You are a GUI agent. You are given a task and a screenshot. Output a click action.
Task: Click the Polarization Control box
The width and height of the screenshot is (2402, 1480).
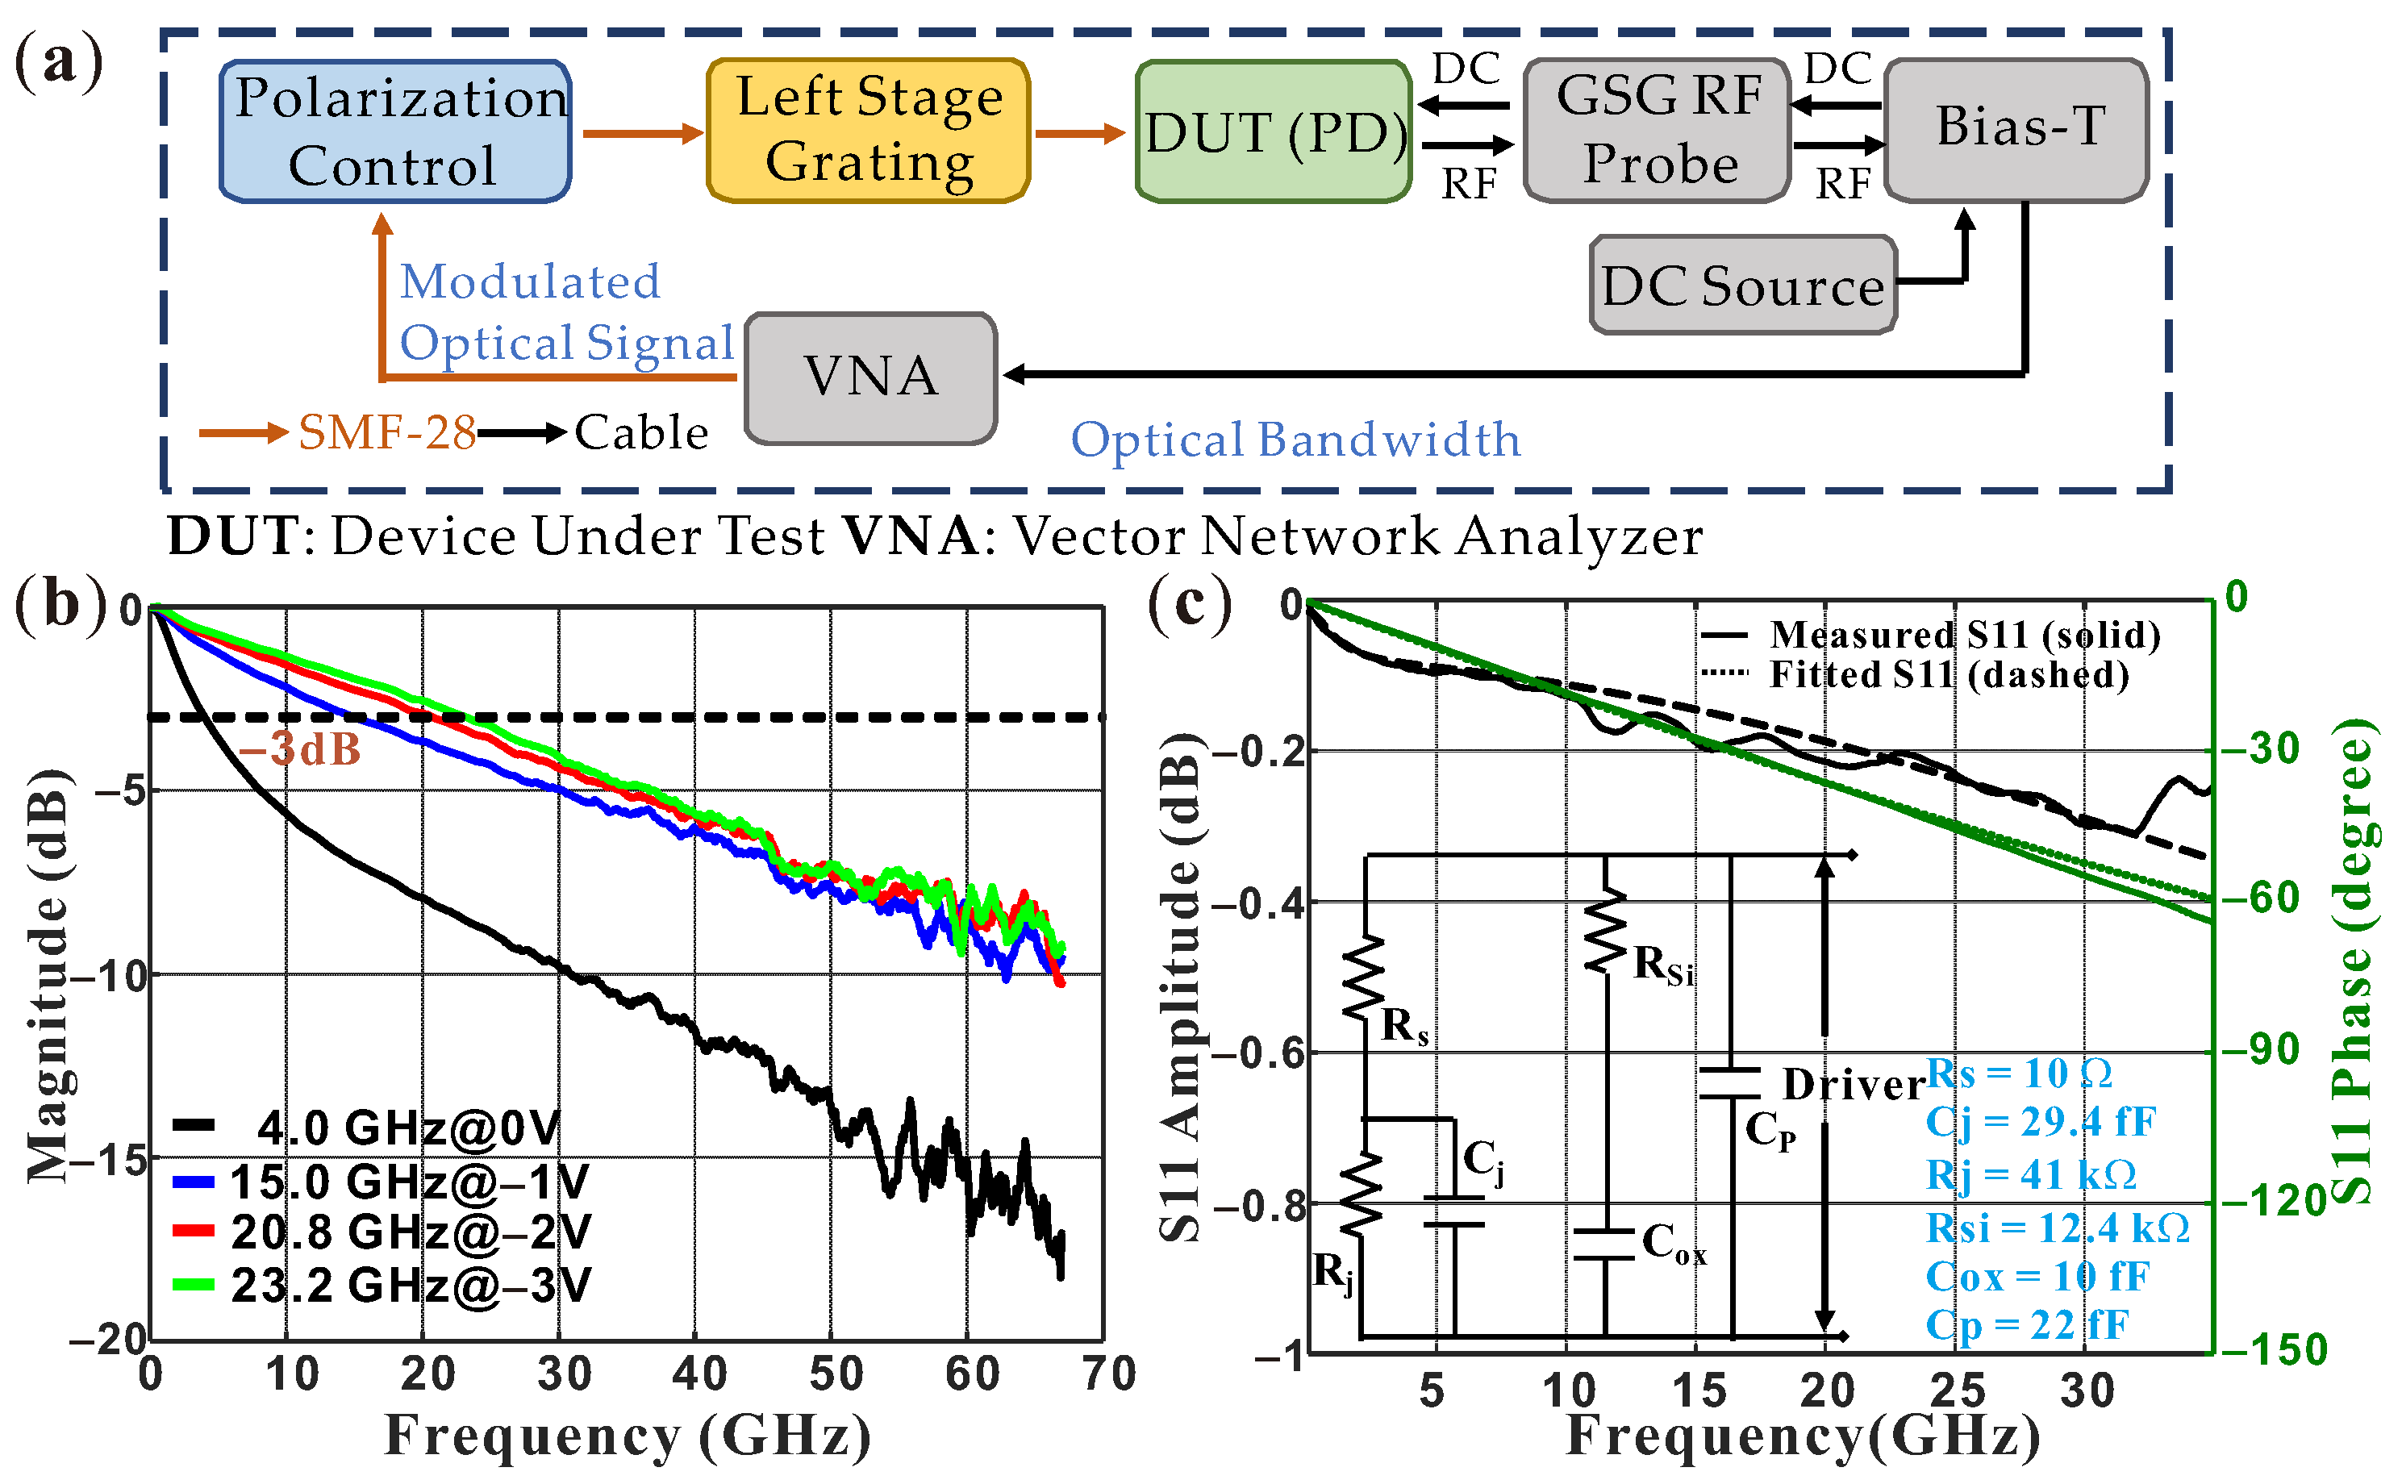coord(395,131)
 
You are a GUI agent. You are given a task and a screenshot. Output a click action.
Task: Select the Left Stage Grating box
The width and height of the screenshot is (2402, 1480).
coord(868,130)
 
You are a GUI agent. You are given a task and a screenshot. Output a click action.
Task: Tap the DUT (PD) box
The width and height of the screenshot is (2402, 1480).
coord(1274,132)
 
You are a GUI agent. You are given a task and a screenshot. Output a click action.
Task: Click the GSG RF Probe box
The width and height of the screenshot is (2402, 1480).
coord(1658,130)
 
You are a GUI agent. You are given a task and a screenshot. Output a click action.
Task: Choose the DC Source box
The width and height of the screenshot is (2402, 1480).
coord(1742,286)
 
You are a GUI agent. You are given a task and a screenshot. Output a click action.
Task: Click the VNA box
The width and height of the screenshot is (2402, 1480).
coord(870,377)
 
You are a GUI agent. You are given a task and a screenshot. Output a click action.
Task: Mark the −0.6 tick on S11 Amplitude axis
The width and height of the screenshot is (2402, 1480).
coord(1257,1053)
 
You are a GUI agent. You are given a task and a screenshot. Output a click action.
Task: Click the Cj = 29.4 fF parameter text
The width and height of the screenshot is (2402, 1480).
coord(2040,1122)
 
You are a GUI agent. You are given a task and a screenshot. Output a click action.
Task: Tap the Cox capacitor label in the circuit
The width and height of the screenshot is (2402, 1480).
coord(1674,1244)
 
